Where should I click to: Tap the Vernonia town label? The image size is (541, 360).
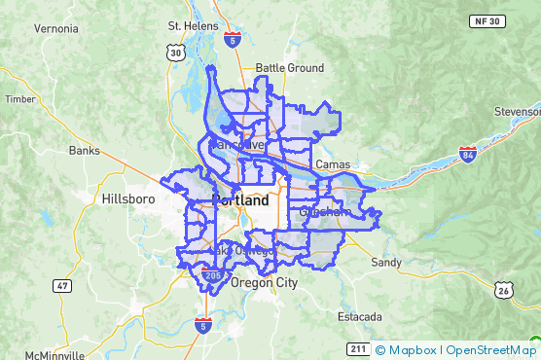pyautogui.click(x=55, y=29)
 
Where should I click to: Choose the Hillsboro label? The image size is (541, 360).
pyautogui.click(x=128, y=198)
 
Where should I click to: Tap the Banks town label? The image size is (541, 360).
pyautogui.click(x=85, y=151)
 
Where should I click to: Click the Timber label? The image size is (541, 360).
pyautogui.click(x=19, y=98)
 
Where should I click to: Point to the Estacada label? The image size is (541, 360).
pyautogui.click(x=361, y=317)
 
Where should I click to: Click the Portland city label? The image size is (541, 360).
pyautogui.click(x=240, y=200)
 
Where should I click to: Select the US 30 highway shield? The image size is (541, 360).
pyautogui.click(x=174, y=54)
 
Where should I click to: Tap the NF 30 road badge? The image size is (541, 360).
pyautogui.click(x=515, y=20)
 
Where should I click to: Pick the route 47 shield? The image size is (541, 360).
pyautogui.click(x=62, y=286)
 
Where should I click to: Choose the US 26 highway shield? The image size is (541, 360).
pyautogui.click(x=503, y=290)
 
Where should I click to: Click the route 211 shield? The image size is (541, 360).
pyautogui.click(x=357, y=348)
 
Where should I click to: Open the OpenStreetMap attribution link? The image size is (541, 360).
pyautogui.click(x=491, y=350)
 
